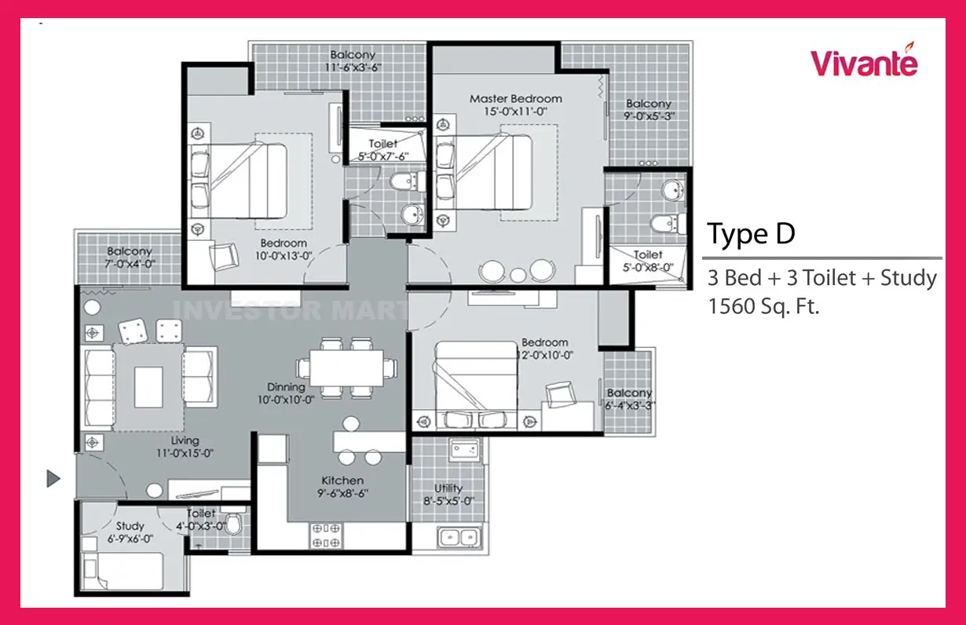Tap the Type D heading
pyautogui.click(x=751, y=234)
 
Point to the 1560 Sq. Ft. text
pyautogui.click(x=763, y=306)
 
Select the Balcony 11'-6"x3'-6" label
pyautogui.click(x=353, y=61)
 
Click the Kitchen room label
pyautogui.click(x=342, y=481)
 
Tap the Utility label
pyautogui.click(x=448, y=488)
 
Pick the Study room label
pyautogui.click(x=130, y=526)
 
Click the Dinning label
pyautogui.click(x=286, y=387)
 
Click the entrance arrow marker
pyautogui.click(x=53, y=478)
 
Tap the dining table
pyautogui.click(x=346, y=367)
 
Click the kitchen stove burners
pyautogui.click(x=326, y=535)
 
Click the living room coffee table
pyautogui.click(x=148, y=387)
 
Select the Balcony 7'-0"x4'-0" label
pyautogui.click(x=130, y=258)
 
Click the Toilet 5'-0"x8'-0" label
pyautogui.click(x=648, y=261)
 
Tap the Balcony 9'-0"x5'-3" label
pyautogui.click(x=649, y=110)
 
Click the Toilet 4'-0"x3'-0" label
pyautogui.click(x=201, y=520)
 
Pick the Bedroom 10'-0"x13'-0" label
pyautogui.click(x=284, y=250)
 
